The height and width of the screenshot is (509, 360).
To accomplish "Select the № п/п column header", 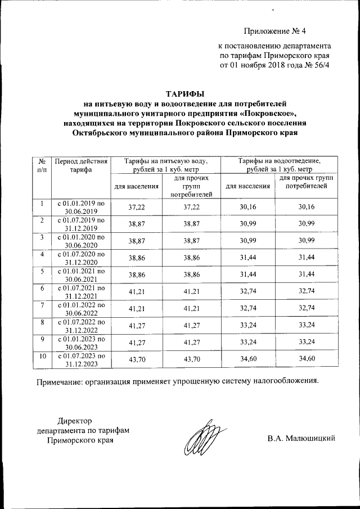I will coord(41,165).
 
